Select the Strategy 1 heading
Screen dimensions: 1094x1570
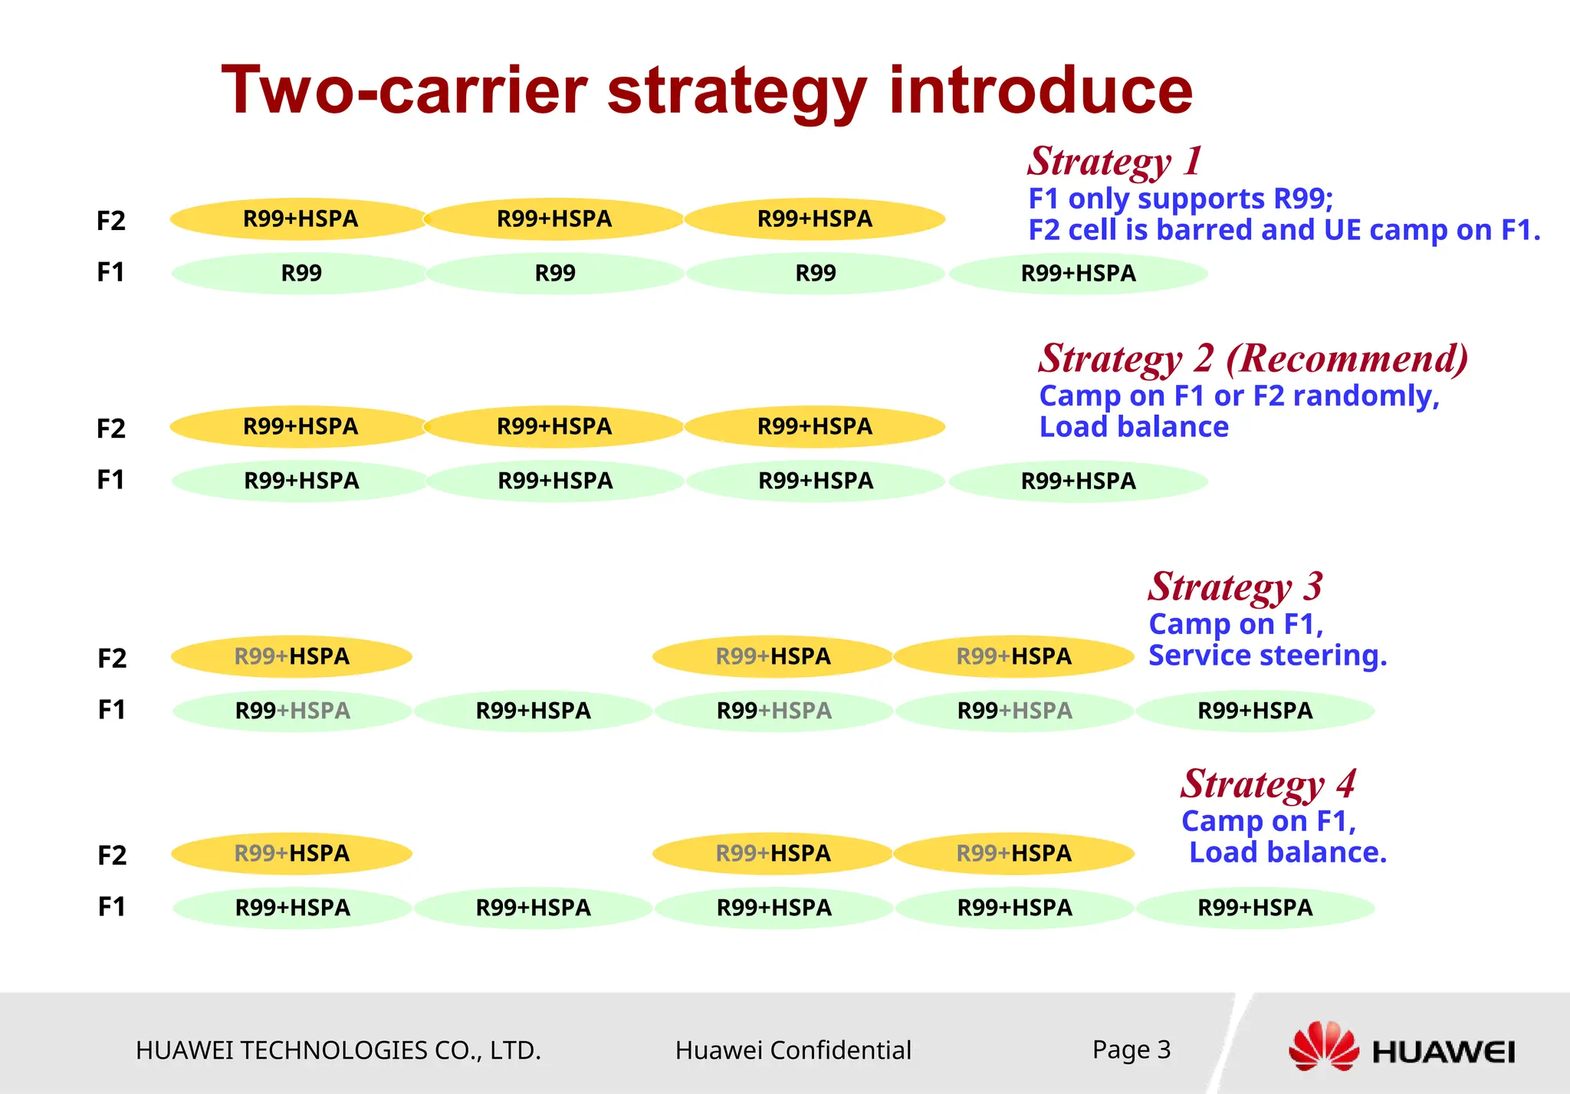pyautogui.click(x=1114, y=161)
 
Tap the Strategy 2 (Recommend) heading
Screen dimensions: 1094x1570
pyautogui.click(x=1253, y=358)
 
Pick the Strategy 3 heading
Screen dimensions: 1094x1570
pyautogui.click(x=1235, y=586)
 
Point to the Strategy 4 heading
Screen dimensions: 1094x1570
pyautogui.click(x=1268, y=784)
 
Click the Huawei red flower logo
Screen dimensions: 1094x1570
pyautogui.click(x=1323, y=1046)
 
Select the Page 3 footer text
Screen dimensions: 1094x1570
pyautogui.click(x=1132, y=1049)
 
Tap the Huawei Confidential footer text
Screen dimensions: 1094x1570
pyautogui.click(x=793, y=1050)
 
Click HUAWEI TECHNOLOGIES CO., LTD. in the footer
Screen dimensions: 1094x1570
pyautogui.click(x=338, y=1050)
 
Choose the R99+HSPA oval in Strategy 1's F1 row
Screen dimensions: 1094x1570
pyautogui.click(x=1078, y=273)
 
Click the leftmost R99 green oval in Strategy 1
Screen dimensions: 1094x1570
pyautogui.click(x=301, y=273)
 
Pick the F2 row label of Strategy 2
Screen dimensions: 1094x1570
pyautogui.click(x=111, y=428)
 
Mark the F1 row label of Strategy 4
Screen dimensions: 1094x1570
pyautogui.click(x=112, y=907)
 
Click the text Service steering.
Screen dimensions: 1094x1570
pyautogui.click(x=1267, y=655)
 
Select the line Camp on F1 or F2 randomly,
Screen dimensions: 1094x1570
pyautogui.click(x=1239, y=396)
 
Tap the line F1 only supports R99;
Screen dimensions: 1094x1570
pyautogui.click(x=1181, y=199)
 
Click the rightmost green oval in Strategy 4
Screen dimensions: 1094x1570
pyautogui.click(x=1255, y=908)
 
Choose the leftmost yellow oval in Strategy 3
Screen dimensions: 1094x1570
pyautogui.click(x=291, y=656)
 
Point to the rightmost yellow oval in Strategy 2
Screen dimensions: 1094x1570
pyautogui.click(x=814, y=426)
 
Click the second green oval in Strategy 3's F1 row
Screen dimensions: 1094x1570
pyautogui.click(x=533, y=711)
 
